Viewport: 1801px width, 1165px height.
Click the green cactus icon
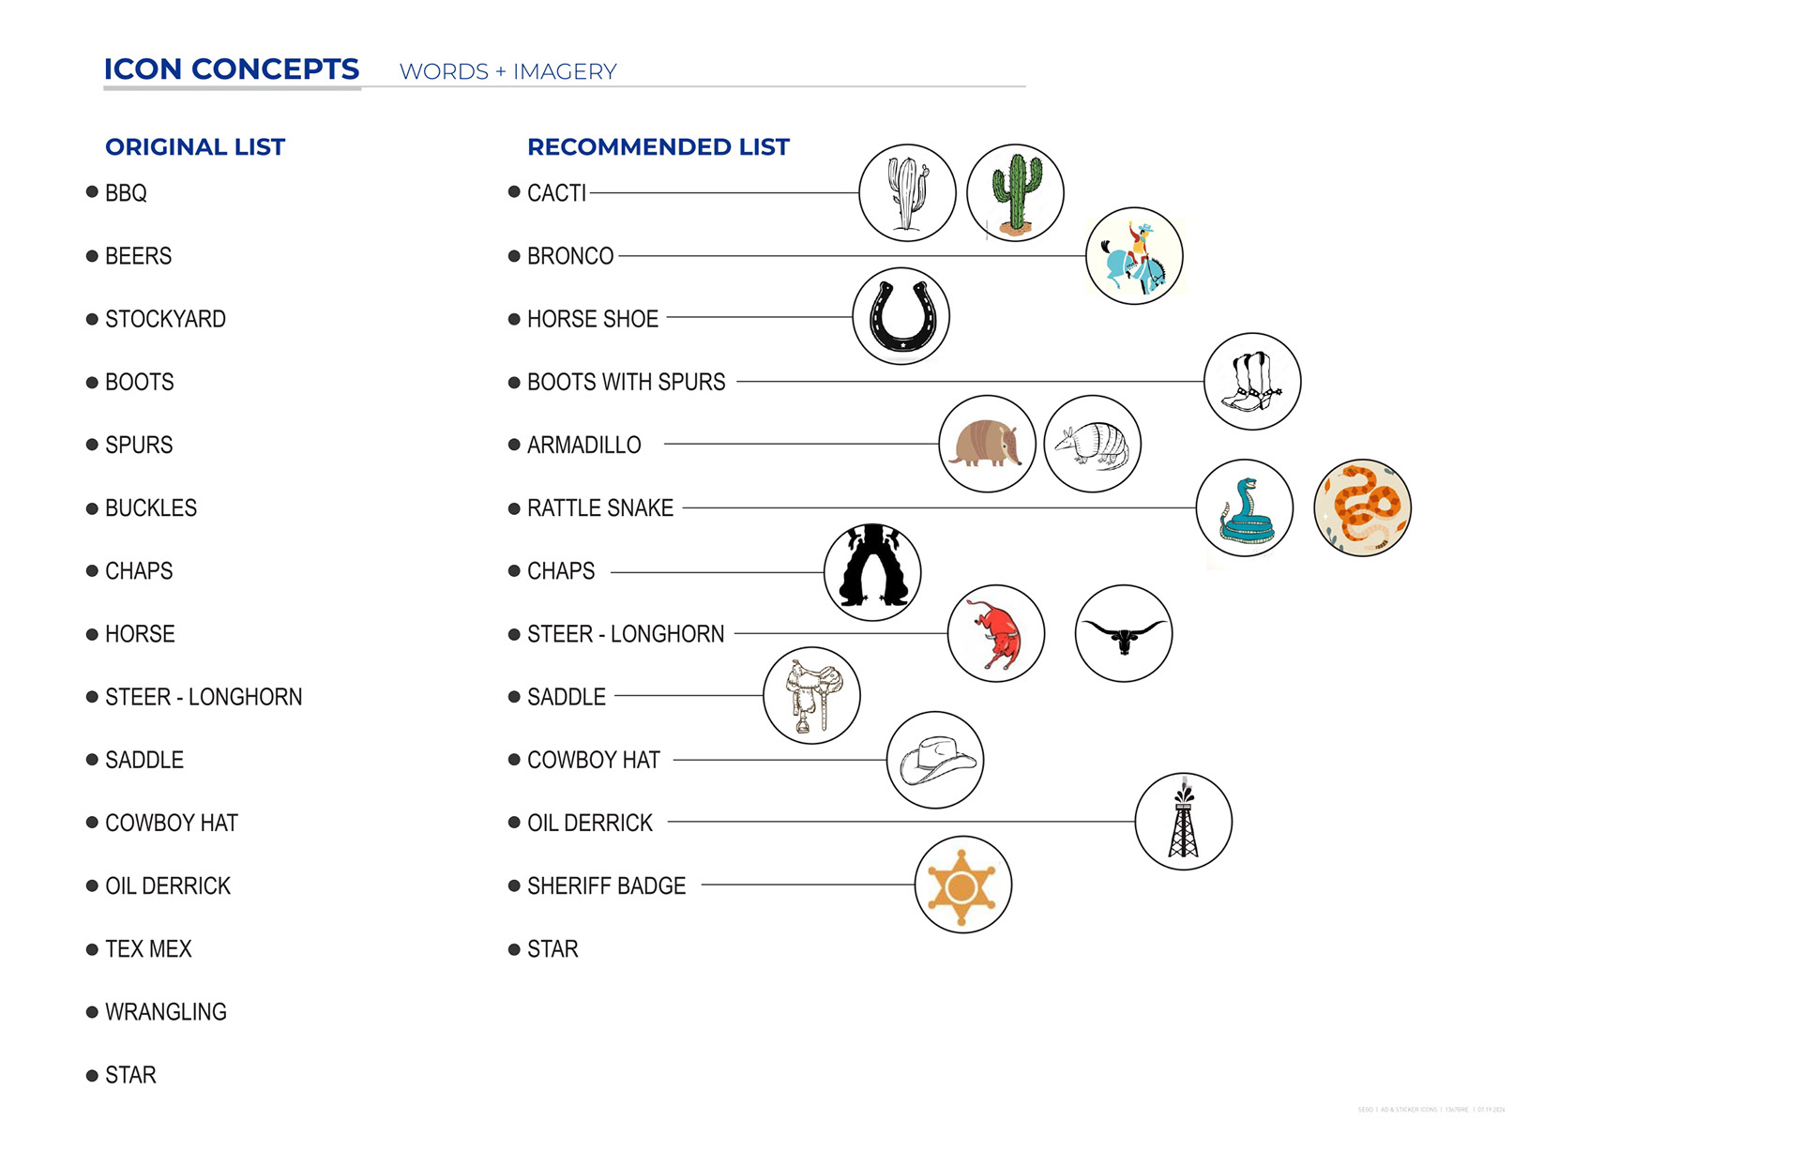tap(1015, 192)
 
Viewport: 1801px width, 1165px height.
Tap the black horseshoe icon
tap(901, 316)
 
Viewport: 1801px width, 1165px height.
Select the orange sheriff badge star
tap(962, 885)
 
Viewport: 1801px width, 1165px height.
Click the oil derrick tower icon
tap(1183, 822)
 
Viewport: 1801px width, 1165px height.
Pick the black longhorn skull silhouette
tap(1123, 634)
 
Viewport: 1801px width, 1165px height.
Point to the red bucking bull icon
tap(996, 634)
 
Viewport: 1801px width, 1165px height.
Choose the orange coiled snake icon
tap(1362, 507)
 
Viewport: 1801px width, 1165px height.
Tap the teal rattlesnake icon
tap(1245, 508)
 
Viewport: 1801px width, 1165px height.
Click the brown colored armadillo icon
tap(987, 444)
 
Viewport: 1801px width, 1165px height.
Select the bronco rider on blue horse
tap(1134, 256)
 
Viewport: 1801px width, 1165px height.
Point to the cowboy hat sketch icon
tap(935, 760)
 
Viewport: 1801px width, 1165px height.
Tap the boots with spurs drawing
tap(1251, 382)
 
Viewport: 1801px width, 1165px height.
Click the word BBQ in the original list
tap(126, 193)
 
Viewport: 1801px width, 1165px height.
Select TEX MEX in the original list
tap(148, 949)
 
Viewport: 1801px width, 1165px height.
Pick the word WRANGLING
tap(166, 1012)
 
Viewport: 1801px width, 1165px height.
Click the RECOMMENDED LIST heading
tap(658, 147)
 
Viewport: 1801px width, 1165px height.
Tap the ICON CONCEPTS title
tap(232, 69)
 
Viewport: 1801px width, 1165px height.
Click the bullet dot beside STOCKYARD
tap(92, 319)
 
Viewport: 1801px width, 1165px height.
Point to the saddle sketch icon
tap(811, 695)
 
